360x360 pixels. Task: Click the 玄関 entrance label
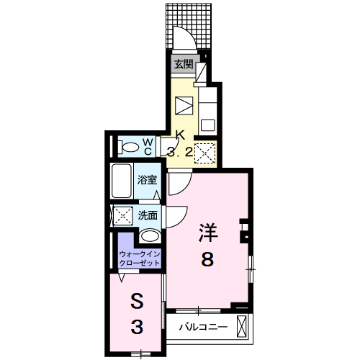coord(183,64)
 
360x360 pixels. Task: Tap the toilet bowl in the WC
coord(130,148)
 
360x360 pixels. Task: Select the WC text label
coord(147,146)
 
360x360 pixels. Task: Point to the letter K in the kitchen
coord(181,135)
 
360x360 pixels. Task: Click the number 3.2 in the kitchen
coord(180,151)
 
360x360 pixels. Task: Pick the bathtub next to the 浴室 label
coord(123,182)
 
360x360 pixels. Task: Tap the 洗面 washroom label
coord(148,215)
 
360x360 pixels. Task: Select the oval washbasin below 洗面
coord(150,236)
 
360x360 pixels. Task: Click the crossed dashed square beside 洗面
coord(122,215)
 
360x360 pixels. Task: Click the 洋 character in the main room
coord(208,232)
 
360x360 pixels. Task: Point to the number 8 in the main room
coord(207,260)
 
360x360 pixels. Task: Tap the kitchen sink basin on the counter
coord(207,124)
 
